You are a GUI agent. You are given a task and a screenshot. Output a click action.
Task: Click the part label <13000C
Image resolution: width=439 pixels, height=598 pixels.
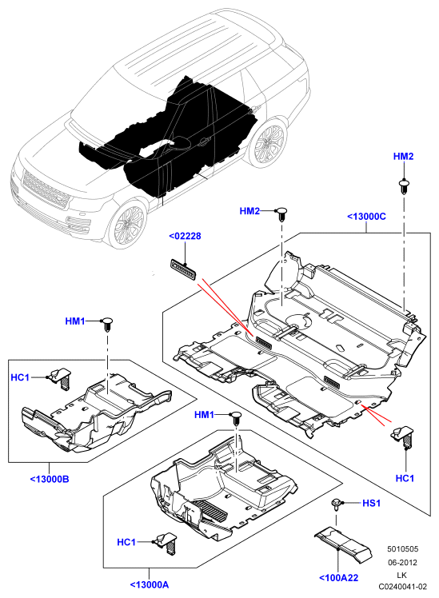[366, 217]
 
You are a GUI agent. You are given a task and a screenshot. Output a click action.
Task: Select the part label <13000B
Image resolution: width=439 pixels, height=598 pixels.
[50, 479]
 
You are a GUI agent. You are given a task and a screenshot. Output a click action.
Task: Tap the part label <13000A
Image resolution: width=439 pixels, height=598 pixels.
[149, 584]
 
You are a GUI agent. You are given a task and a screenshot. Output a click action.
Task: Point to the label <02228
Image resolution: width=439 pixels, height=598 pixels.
[185, 236]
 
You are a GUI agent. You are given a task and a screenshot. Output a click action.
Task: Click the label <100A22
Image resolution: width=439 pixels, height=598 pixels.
[339, 578]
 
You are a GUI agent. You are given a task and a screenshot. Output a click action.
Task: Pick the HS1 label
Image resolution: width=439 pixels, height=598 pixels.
[371, 504]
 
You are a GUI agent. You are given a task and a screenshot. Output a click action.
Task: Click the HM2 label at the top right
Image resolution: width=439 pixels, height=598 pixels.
[404, 157]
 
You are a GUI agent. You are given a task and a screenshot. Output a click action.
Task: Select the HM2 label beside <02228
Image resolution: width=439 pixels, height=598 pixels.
[249, 211]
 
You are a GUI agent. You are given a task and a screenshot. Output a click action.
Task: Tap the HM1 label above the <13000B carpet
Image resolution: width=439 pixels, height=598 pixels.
[75, 321]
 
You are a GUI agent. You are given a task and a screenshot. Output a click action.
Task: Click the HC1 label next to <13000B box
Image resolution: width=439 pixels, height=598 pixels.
[20, 377]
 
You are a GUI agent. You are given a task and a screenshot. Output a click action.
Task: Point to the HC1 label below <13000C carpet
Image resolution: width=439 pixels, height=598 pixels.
[405, 478]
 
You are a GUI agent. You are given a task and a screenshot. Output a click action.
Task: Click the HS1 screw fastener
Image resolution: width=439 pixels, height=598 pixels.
[336, 504]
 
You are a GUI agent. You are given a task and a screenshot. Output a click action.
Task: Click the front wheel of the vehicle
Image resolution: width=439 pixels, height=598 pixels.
[127, 224]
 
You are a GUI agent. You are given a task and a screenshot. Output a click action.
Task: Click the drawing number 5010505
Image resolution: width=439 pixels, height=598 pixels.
[403, 548]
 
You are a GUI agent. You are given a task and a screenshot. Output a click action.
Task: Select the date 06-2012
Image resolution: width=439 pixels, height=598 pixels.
[403, 562]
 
